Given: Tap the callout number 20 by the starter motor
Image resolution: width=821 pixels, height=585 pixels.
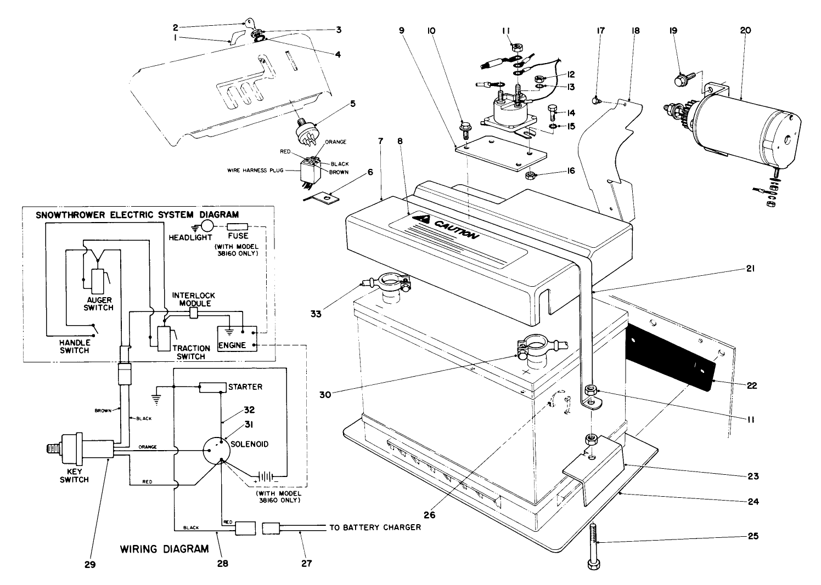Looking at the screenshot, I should [x=745, y=31].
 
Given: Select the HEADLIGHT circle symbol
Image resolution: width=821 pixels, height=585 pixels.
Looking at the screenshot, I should [x=207, y=226].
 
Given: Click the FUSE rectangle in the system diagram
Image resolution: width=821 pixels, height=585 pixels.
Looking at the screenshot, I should [x=238, y=226].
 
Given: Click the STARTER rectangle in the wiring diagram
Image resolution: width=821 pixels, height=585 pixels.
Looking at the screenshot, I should [x=212, y=387].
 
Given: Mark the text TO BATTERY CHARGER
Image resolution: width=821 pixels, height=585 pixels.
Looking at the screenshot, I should [x=375, y=527].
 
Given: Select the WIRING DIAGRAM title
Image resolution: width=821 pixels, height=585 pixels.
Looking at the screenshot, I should [x=164, y=548].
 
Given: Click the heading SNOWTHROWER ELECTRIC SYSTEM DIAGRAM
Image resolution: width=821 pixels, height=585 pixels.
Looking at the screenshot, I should [x=137, y=214].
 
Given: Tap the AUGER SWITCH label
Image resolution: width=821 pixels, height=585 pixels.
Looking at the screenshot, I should [x=99, y=304].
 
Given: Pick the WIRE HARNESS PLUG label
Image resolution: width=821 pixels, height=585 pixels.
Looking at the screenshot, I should [x=255, y=171].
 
